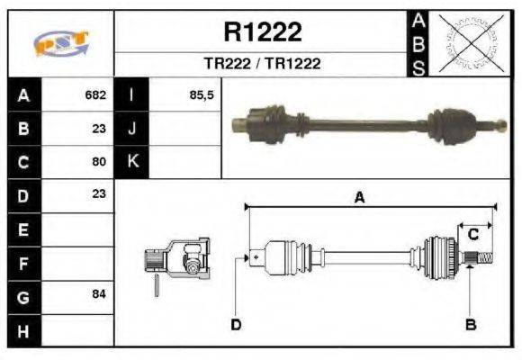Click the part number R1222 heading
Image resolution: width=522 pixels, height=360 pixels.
[262, 32]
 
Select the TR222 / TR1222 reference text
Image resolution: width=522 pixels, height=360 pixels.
[262, 65]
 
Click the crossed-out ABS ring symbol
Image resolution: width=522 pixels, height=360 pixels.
[467, 42]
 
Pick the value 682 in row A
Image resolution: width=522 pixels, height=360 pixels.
[95, 94]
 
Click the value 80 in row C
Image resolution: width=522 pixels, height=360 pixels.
[99, 162]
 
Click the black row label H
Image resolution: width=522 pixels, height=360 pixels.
[22, 331]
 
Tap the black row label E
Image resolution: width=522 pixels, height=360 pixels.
[22, 229]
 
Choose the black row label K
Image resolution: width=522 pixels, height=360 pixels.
[132, 161]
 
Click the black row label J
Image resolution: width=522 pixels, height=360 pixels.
[132, 128]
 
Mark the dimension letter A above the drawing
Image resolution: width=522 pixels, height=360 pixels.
[359, 197]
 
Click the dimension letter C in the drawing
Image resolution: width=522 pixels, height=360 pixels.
[472, 235]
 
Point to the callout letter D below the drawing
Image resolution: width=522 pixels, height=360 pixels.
[236, 324]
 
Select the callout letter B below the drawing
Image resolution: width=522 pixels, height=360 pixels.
[470, 324]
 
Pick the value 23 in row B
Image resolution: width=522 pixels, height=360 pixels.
[99, 129]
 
